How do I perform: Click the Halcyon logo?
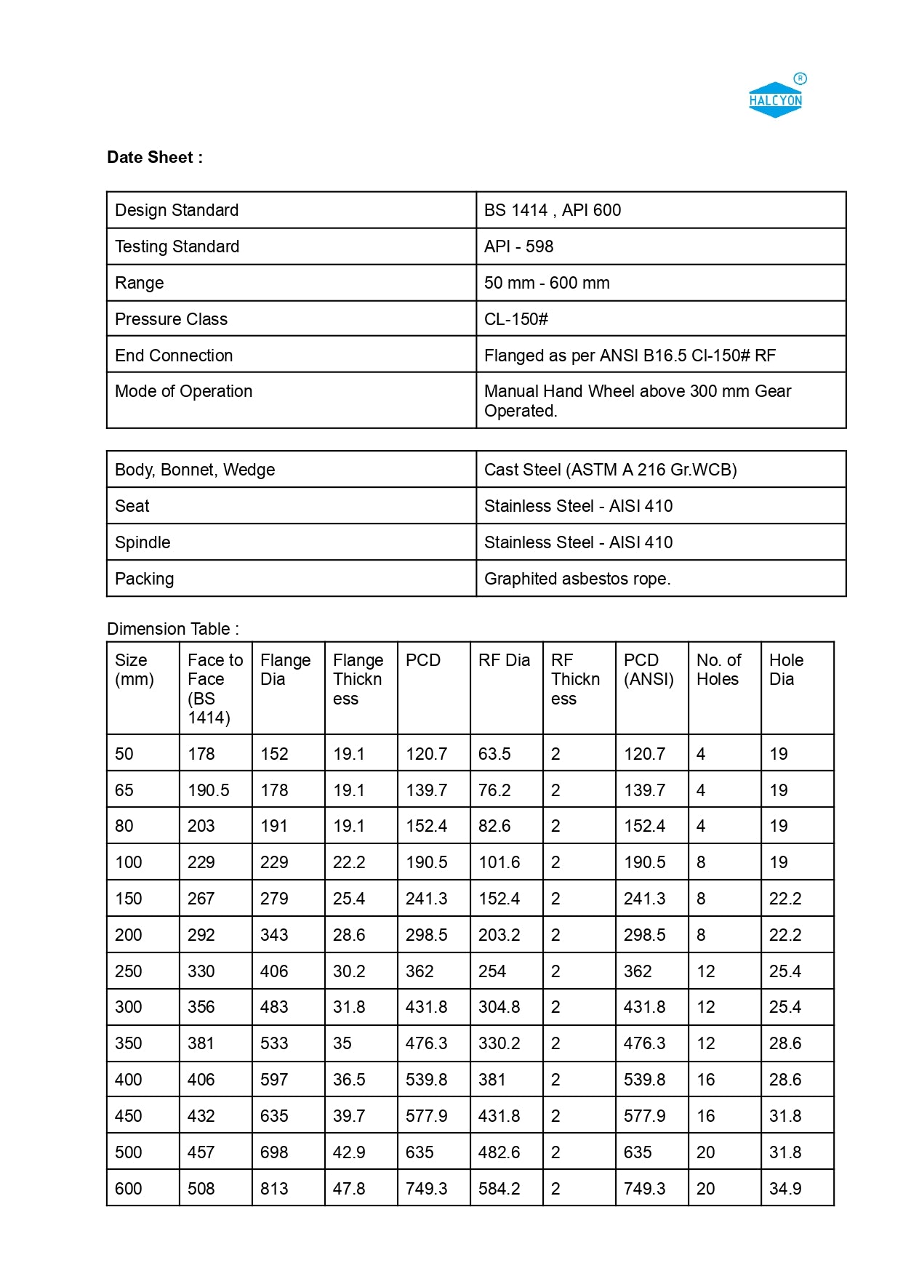(x=776, y=99)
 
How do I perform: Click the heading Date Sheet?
(x=154, y=157)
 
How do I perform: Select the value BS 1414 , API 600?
(x=552, y=210)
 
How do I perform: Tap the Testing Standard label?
(x=177, y=246)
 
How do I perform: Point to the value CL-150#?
(x=515, y=319)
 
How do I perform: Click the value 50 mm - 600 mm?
(x=546, y=283)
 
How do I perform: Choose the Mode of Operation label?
(x=183, y=391)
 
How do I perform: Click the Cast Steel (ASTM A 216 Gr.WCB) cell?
(x=610, y=470)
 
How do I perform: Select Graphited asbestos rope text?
(x=577, y=579)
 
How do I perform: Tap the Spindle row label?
(x=143, y=542)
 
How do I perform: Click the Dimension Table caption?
(x=172, y=629)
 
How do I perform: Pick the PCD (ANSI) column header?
(x=648, y=670)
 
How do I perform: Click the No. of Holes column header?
(x=718, y=670)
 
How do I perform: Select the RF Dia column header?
(x=504, y=660)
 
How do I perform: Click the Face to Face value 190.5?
(x=208, y=790)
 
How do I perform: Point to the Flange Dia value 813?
(x=274, y=1189)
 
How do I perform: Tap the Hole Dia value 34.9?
(x=784, y=1189)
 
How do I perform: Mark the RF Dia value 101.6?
(x=499, y=862)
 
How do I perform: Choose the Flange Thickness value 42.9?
(x=348, y=1152)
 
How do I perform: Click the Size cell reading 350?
(x=129, y=1043)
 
